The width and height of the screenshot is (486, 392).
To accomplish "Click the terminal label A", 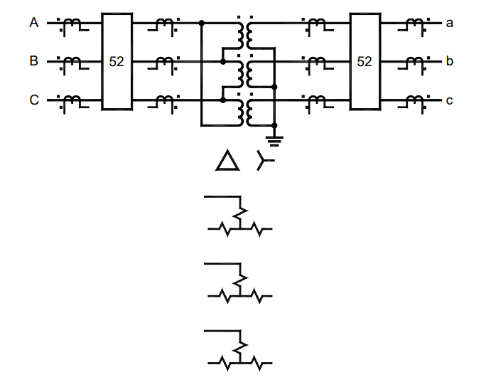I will (x=33, y=23).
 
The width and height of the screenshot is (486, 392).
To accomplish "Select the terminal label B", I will (x=33, y=61).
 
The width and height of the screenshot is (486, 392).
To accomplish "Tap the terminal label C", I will (x=33, y=100).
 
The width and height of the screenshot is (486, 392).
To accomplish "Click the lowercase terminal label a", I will (x=449, y=23).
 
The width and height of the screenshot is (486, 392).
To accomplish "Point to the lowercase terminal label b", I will (x=449, y=61).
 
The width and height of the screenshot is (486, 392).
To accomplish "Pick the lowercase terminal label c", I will (x=449, y=100).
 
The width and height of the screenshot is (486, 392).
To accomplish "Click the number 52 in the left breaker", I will (x=117, y=62).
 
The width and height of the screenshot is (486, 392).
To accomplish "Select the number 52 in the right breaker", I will (x=364, y=62).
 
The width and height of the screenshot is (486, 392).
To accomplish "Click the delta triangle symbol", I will (x=228, y=162).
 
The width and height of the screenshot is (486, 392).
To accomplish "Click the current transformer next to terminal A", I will (x=72, y=26).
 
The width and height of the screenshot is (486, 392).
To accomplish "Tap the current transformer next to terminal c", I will (x=412, y=102).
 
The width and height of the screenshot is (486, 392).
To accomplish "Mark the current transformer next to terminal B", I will (x=72, y=64).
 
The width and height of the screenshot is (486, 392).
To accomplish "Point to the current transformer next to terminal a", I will (x=412, y=26).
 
